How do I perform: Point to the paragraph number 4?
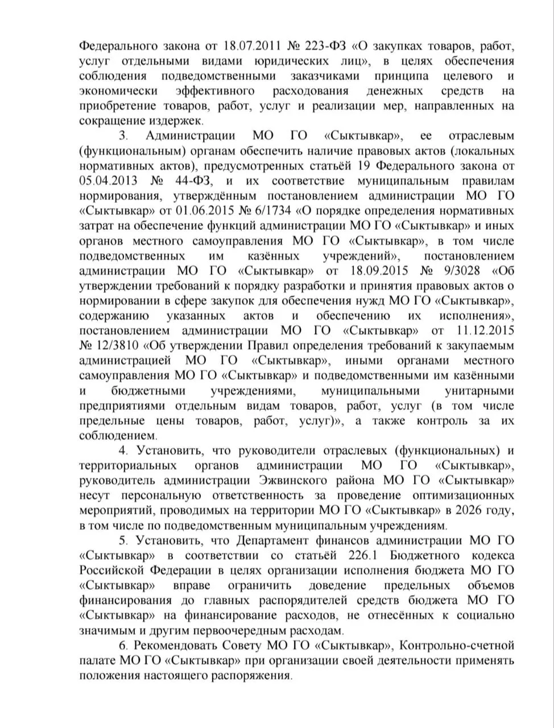(x=122, y=450)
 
